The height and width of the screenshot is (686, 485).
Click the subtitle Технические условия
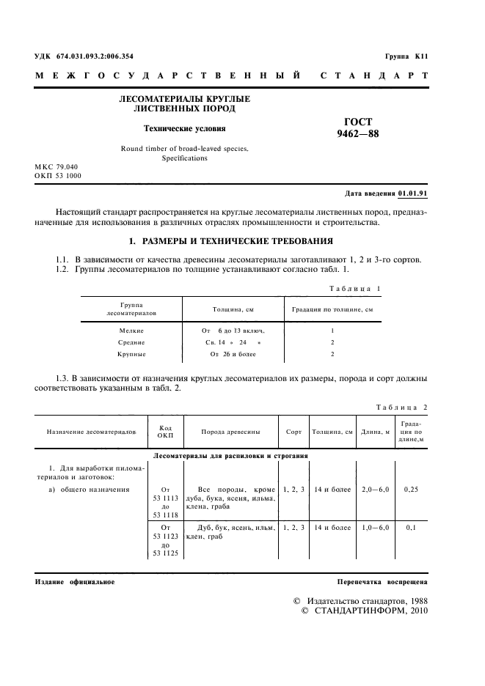(x=174, y=128)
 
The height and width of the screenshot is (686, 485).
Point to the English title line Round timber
(x=184, y=148)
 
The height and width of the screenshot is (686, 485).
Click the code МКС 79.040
(x=56, y=167)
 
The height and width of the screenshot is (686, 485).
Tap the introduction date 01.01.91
(x=413, y=193)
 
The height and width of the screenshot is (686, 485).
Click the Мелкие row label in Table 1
(x=131, y=331)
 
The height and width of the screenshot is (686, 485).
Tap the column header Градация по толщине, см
(x=332, y=309)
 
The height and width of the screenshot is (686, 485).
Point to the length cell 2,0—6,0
(x=374, y=489)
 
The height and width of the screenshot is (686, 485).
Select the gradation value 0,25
(x=411, y=489)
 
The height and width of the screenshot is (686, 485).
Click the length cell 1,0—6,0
(x=374, y=527)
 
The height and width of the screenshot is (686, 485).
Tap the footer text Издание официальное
(x=75, y=581)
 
